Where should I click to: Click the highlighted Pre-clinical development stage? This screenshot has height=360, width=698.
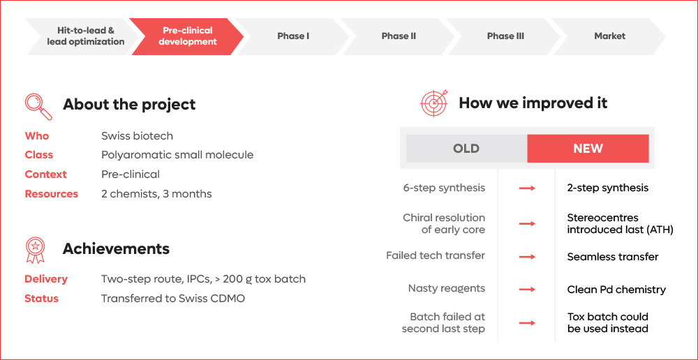tap(187, 36)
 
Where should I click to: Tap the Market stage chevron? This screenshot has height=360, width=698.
tap(609, 36)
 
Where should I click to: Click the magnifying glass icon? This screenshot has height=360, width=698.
tap(38, 105)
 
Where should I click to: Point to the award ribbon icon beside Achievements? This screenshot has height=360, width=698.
tap(36, 250)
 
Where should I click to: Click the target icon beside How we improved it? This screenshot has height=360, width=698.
tap(433, 103)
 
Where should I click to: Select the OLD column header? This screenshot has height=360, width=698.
tap(466, 149)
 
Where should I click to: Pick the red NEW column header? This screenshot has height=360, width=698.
tap(588, 149)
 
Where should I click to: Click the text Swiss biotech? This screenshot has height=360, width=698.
tap(137, 136)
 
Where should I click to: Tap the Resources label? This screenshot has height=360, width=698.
tap(51, 194)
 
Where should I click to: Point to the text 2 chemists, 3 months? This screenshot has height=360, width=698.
tap(156, 194)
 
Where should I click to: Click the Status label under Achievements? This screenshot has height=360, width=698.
tap(41, 299)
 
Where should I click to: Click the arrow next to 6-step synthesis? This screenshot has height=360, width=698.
tap(527, 188)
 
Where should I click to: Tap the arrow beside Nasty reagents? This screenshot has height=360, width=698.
tap(527, 289)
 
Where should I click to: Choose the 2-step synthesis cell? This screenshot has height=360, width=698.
tap(607, 188)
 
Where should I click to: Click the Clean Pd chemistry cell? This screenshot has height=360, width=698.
tap(616, 290)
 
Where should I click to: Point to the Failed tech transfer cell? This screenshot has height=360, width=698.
tap(436, 255)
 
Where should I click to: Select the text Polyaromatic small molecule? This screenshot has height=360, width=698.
tap(177, 155)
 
